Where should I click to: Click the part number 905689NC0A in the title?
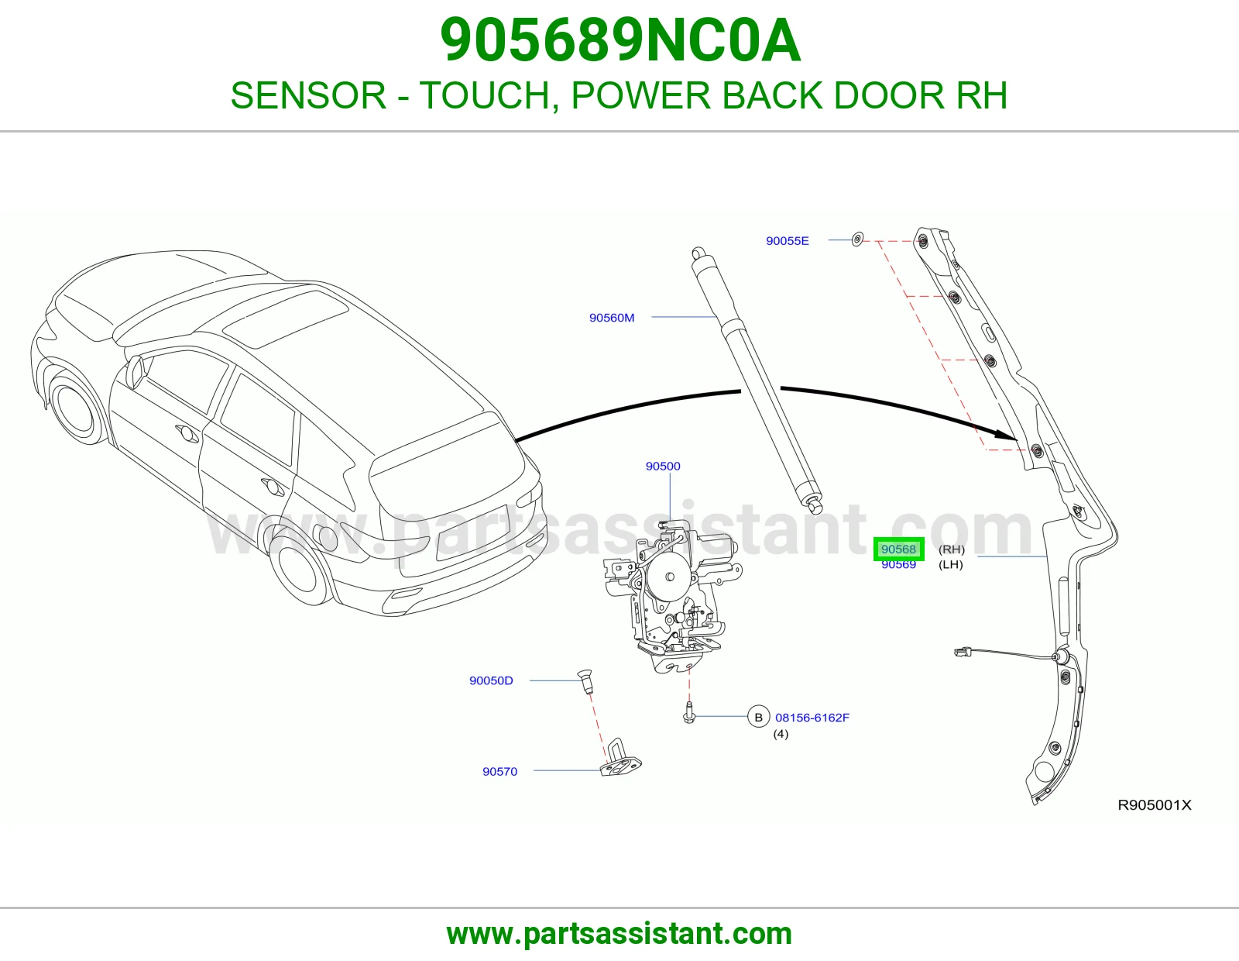coord(620,41)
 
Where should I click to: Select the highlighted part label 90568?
coord(898,549)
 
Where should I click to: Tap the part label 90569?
coord(898,564)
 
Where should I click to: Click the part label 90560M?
coord(611,318)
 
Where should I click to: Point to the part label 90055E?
coord(787,241)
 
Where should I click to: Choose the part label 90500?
coord(663,467)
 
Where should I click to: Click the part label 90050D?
coord(491,680)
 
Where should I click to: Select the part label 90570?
coord(499,772)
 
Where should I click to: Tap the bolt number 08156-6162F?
coord(812,718)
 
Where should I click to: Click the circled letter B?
coord(758,718)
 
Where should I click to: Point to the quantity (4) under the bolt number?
coord(781,734)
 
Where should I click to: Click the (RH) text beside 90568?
coord(952,549)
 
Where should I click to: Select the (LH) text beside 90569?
coord(950,564)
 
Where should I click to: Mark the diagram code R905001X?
coord(1154,804)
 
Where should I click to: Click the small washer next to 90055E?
coord(857,239)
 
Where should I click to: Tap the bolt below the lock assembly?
coord(688,713)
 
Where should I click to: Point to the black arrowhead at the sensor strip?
coord(1007,434)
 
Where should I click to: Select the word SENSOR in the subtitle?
coord(308,95)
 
